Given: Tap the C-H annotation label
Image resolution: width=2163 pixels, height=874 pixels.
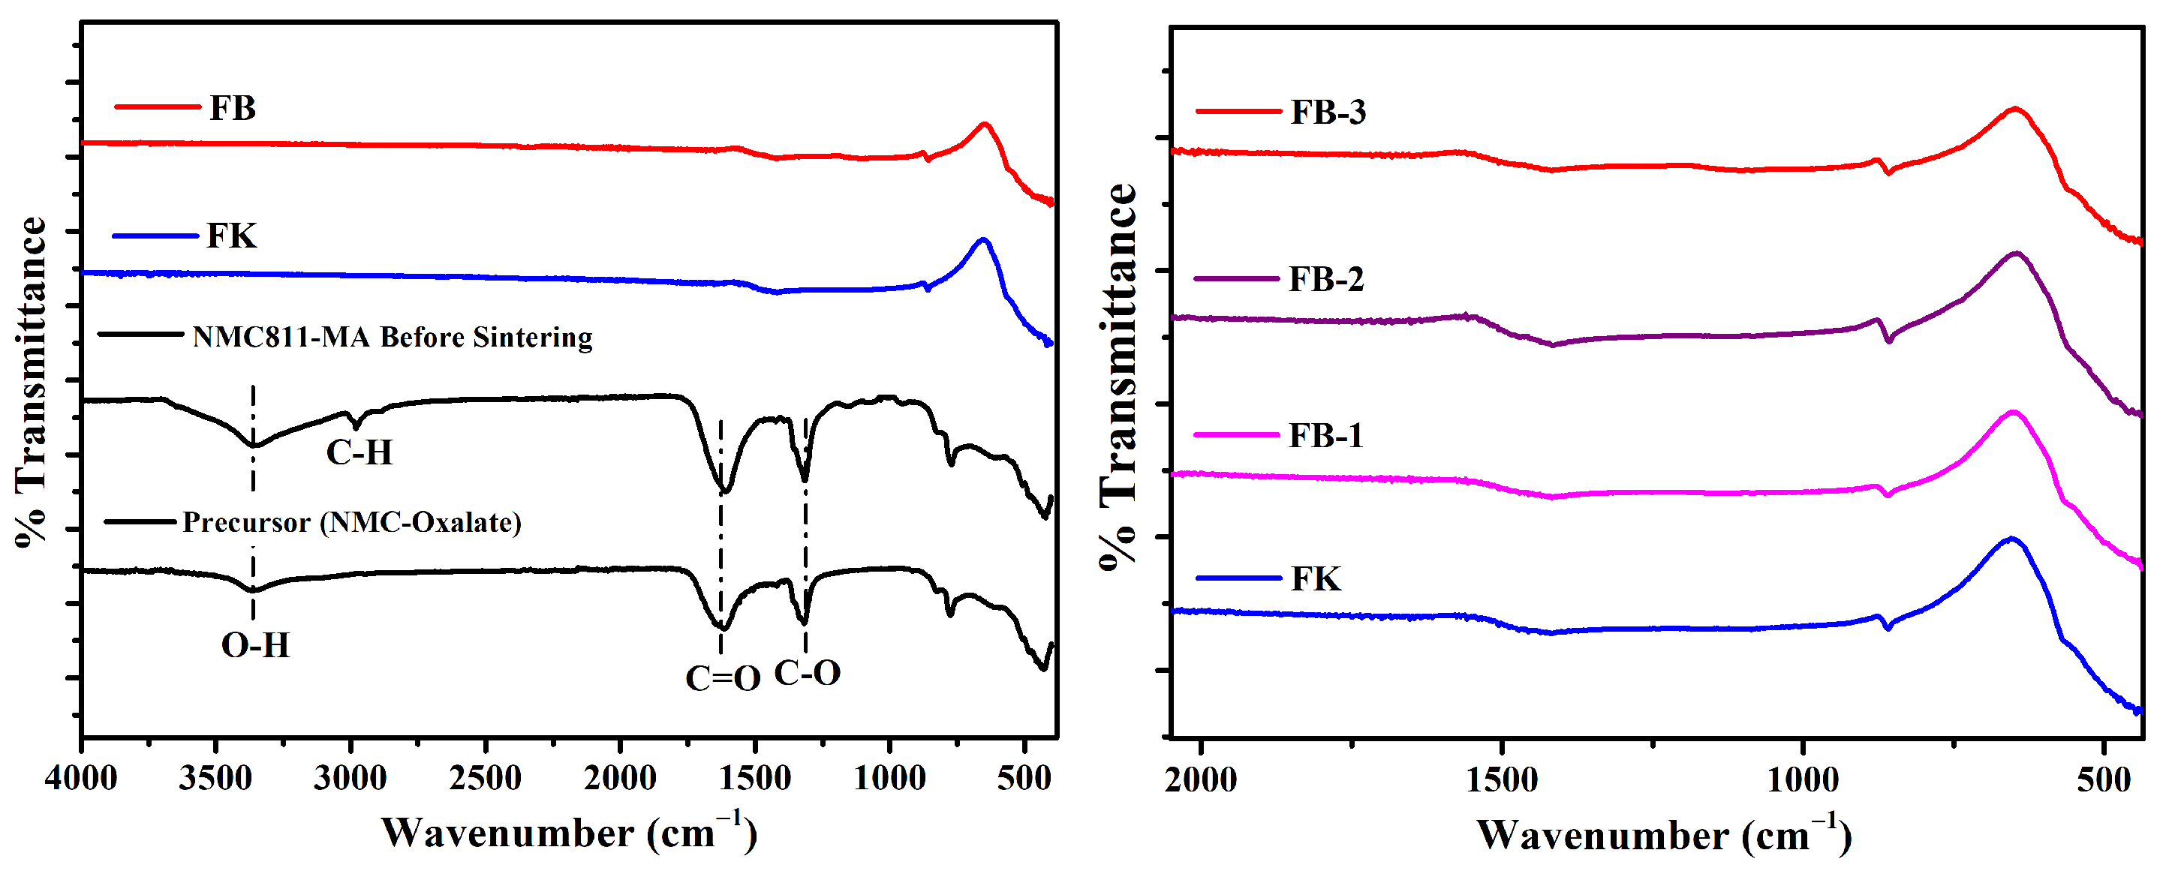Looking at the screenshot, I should [x=359, y=452].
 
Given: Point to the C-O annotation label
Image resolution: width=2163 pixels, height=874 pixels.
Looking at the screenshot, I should [x=807, y=672].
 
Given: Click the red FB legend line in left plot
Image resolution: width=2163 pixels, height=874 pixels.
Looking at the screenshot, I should [x=157, y=107].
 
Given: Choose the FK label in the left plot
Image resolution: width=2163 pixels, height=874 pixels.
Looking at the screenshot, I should [x=232, y=236].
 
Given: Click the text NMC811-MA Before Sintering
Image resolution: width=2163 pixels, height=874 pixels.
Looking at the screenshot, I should [x=392, y=337].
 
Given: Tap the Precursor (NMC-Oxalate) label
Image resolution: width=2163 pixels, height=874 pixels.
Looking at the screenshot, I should [x=352, y=522].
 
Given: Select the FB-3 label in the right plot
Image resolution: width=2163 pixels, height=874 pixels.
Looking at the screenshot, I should [x=1328, y=112].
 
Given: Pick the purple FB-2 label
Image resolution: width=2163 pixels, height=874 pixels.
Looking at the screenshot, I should [x=1326, y=279].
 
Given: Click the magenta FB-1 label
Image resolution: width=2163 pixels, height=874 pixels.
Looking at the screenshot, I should [x=1326, y=435].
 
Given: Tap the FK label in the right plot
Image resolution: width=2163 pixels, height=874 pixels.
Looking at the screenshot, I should [x=1316, y=578].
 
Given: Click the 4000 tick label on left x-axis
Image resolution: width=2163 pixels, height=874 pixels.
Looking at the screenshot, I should [x=82, y=777].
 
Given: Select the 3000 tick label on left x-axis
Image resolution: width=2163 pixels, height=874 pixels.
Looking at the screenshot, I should [x=350, y=777].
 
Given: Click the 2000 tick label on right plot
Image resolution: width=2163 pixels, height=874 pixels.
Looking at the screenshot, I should [x=1201, y=780].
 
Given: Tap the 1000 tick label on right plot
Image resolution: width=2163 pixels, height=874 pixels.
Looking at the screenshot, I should [x=1803, y=780].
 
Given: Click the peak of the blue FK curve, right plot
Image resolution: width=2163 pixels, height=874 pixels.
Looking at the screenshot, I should [x=2011, y=538].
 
